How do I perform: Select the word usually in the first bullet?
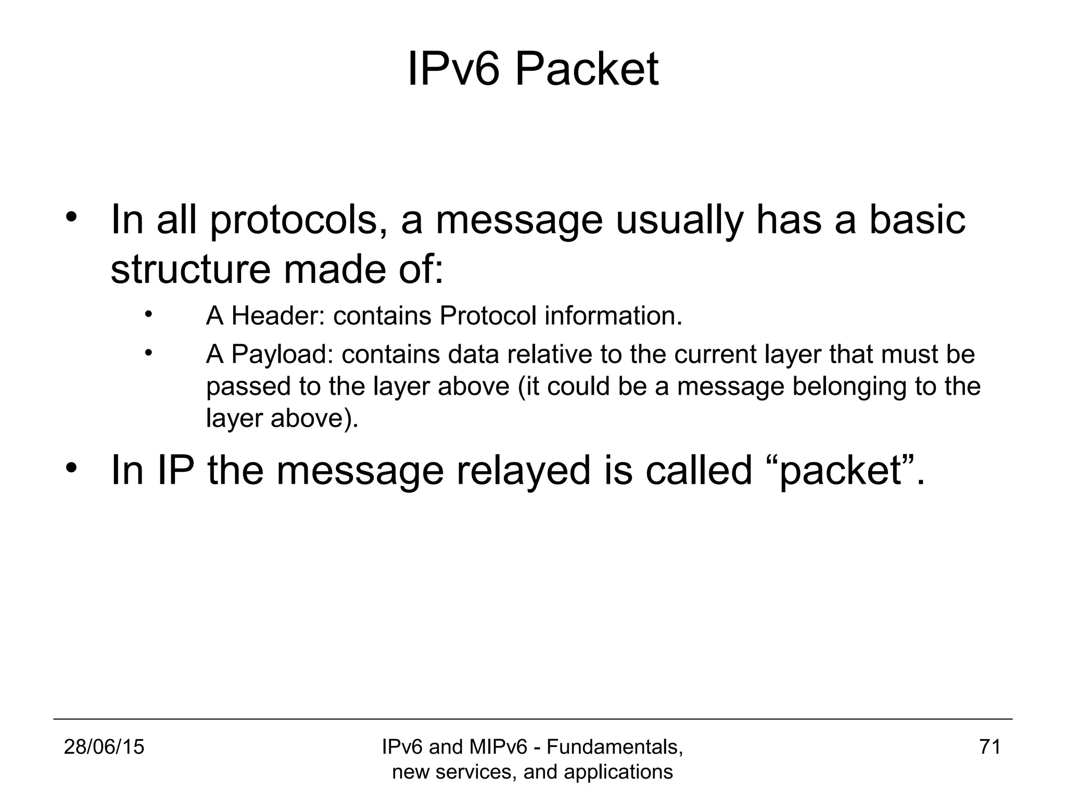click(x=679, y=221)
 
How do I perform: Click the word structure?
click(x=191, y=269)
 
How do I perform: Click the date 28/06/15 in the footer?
click(x=104, y=747)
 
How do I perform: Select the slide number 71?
click(x=989, y=747)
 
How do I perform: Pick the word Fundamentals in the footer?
click(x=615, y=747)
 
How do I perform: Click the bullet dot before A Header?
click(x=148, y=314)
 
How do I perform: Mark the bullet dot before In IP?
click(x=71, y=466)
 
